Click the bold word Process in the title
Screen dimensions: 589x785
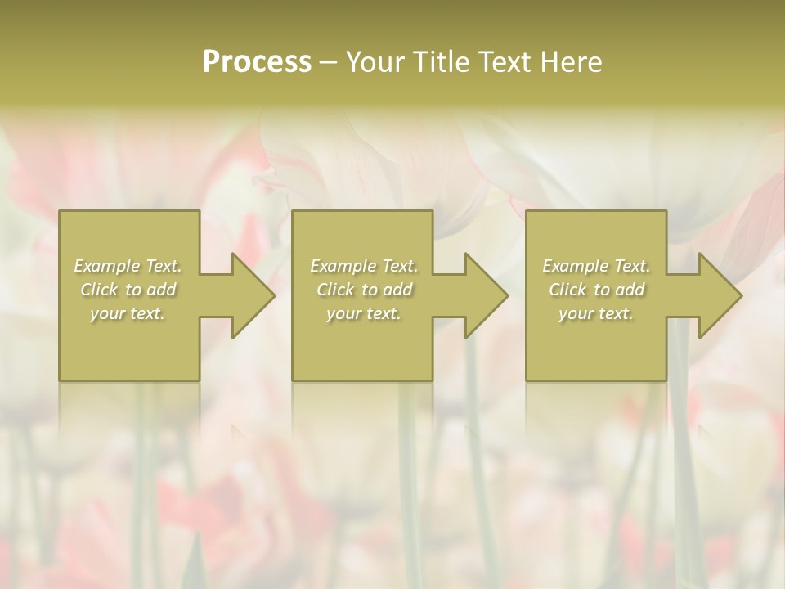point(257,62)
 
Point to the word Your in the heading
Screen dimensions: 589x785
point(375,62)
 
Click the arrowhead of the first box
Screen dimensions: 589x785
point(250,295)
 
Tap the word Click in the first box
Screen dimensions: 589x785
point(99,290)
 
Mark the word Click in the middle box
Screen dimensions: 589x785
point(335,290)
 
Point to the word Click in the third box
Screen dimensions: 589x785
point(567,290)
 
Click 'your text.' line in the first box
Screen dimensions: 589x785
point(128,313)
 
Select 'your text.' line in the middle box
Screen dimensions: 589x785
point(364,313)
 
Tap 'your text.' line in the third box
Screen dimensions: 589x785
point(596,313)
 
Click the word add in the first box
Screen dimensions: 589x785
point(162,290)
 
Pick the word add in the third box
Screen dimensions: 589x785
point(630,290)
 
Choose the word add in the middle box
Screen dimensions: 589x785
point(398,290)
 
